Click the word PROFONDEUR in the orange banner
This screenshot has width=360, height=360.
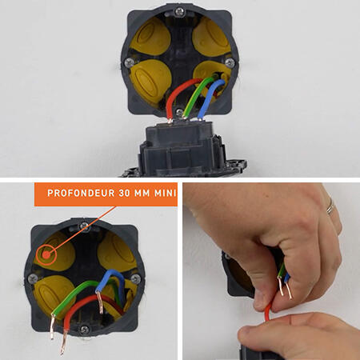point(81,193)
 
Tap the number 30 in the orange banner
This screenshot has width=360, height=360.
point(124,193)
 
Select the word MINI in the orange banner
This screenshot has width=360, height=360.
point(166,193)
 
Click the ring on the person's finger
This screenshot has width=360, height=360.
point(330,206)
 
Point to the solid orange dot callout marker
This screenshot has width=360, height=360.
point(46,255)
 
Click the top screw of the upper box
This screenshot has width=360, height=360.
point(179,11)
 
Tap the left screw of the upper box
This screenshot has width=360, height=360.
point(130,63)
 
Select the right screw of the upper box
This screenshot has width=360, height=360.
point(230,63)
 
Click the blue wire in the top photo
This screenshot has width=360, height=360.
point(210,98)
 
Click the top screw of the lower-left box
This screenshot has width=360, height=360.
point(85,226)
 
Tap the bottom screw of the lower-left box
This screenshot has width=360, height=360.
point(85,330)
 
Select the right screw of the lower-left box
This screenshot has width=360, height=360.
point(136,279)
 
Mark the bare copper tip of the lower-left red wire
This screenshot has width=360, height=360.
point(64,342)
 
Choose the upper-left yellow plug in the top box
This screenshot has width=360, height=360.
point(151,38)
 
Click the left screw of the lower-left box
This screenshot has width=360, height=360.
point(33,279)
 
